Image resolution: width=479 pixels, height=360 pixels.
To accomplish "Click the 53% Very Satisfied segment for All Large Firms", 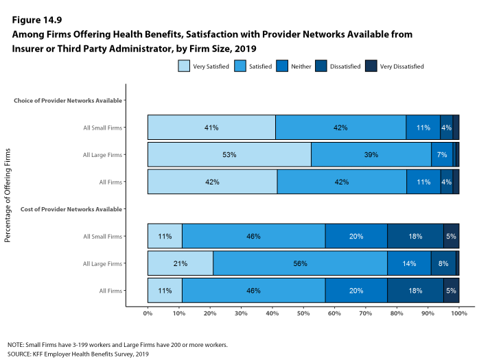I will pos(229,155).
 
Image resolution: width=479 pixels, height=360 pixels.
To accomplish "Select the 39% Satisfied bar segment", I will pos(371,155).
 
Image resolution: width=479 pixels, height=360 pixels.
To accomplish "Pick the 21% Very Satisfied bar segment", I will pos(180,263).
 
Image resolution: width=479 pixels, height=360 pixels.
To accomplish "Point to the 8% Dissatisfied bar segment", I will pos(443,263).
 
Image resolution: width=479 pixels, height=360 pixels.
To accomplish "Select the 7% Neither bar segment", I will pos(441,155).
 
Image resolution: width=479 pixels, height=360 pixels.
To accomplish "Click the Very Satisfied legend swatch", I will pos(185,67).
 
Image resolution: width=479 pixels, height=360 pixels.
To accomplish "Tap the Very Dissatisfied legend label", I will pos(403,67).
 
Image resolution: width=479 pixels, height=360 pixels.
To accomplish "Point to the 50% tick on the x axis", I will pos(303,313).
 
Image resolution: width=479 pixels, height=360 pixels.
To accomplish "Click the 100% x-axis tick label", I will pos(459,313).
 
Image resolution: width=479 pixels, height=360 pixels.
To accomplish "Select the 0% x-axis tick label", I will pos(148,313).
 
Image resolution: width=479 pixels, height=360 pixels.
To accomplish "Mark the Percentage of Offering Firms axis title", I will pos(9,195).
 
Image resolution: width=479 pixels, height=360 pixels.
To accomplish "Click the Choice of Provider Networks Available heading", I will pos(68,100).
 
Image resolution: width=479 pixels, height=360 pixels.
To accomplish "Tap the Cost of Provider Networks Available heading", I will pos(72,208).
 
